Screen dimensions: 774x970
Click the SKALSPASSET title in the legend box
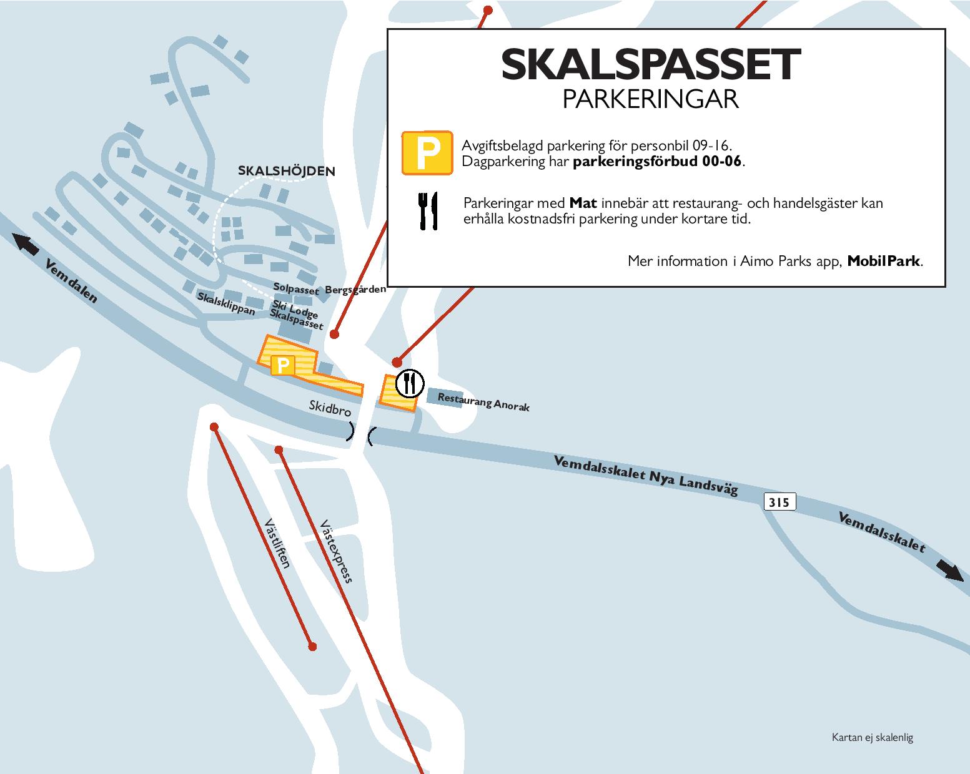tap(650, 64)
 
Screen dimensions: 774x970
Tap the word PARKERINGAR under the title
tap(650, 100)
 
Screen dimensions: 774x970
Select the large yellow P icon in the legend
tap(427, 152)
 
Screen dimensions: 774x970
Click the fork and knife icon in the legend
tap(427, 210)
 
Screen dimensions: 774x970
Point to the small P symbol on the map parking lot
tap(282, 365)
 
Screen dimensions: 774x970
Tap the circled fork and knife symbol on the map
tap(409, 383)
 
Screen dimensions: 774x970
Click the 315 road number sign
tap(779, 502)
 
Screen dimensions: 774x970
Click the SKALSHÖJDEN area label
tap(287, 171)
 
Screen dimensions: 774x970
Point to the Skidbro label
tap(330, 409)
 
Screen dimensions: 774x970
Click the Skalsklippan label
tap(226, 303)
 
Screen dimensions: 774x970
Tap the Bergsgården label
tap(355, 290)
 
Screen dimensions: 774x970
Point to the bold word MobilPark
tap(884, 261)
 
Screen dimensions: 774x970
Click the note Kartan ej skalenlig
tap(872, 737)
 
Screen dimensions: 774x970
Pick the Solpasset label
tap(296, 288)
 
